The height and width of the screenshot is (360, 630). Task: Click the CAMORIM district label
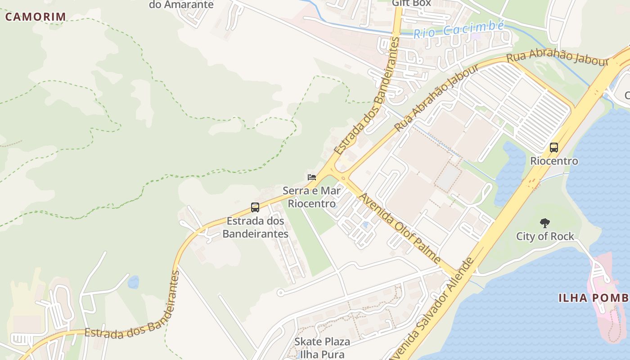tap(36, 17)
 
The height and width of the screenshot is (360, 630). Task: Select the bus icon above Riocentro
tap(553, 147)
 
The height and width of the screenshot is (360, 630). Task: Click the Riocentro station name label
tap(553, 161)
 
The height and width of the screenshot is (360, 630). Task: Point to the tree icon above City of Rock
tap(544, 222)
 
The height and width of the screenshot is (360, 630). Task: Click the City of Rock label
tap(545, 236)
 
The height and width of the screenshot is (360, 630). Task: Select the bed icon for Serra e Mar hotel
tap(311, 177)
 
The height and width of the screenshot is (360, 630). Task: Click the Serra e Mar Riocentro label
tap(311, 197)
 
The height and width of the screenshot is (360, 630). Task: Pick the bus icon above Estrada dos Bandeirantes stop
tap(255, 207)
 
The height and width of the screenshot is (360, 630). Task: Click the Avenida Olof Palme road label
tap(400, 229)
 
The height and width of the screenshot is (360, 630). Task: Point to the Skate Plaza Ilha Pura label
tap(322, 347)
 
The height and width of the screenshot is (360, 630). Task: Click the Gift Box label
tap(411, 3)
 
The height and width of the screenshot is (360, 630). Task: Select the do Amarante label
tap(181, 5)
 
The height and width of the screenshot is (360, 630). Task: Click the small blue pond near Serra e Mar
tap(365, 224)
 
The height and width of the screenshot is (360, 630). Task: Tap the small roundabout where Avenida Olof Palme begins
tap(343, 178)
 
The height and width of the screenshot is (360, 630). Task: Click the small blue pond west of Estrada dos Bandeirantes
tap(133, 282)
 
